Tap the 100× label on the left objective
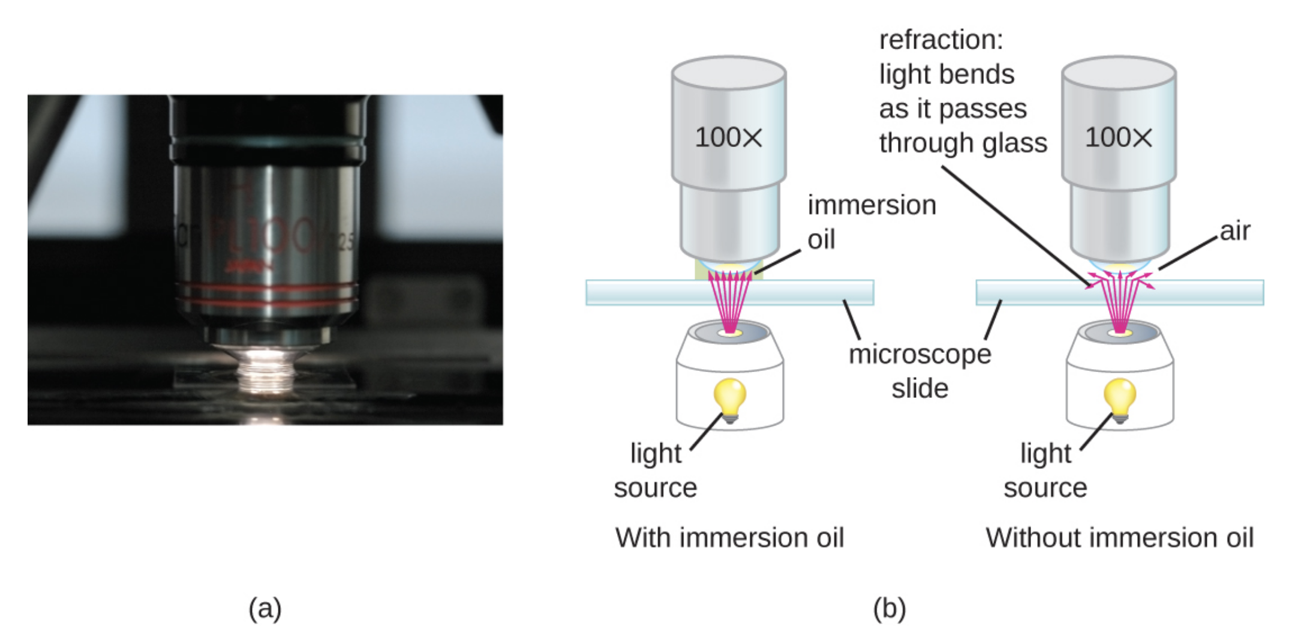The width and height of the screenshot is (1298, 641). click(728, 138)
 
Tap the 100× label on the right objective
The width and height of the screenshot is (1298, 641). click(1119, 138)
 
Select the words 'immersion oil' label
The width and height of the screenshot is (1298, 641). click(871, 222)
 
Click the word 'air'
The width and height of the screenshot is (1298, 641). click(1235, 231)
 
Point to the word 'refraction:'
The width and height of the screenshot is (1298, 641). click(941, 40)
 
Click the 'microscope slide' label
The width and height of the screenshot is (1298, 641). click(920, 371)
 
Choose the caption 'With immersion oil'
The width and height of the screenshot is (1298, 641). click(729, 537)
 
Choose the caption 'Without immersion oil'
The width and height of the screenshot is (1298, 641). click(1119, 537)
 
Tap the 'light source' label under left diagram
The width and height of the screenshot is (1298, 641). click(656, 470)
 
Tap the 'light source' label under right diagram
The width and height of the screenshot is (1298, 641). click(1045, 470)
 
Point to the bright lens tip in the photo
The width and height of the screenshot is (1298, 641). click(264, 369)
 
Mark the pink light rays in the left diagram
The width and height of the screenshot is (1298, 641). click(729, 300)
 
